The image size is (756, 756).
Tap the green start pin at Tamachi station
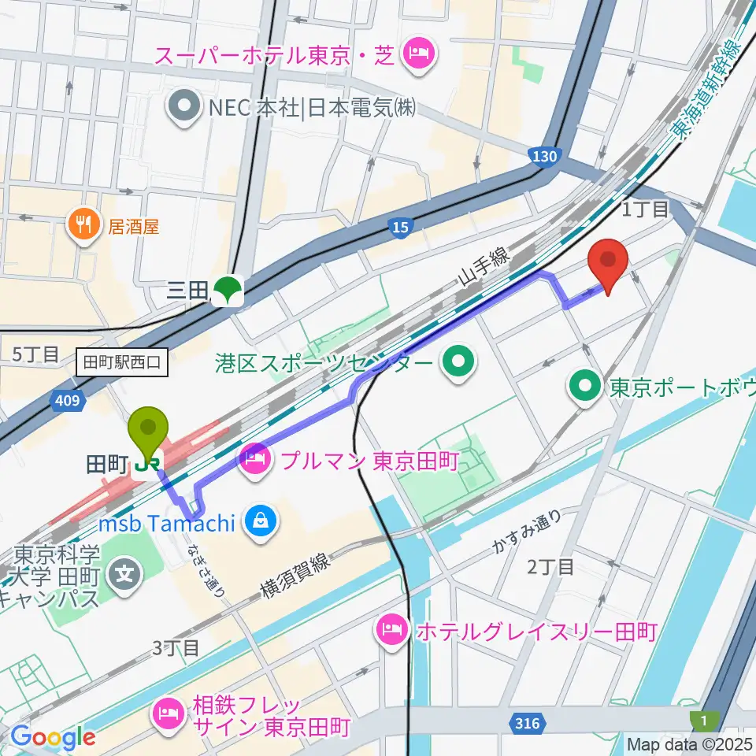[148, 429]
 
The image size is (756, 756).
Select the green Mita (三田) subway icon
[228, 291]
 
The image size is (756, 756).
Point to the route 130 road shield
[543, 157]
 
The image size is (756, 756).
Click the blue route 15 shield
[401, 228]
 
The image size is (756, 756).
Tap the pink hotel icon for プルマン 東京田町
[255, 456]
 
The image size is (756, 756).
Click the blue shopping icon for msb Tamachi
[258, 521]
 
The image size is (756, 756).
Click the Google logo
[52, 738]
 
